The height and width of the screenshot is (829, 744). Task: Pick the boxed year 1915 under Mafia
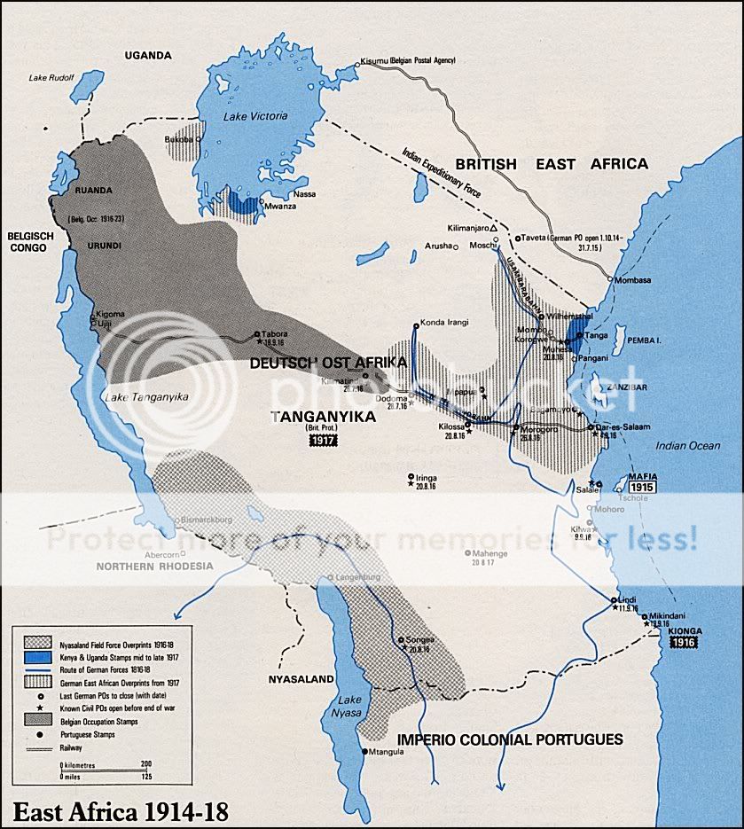[x=642, y=487]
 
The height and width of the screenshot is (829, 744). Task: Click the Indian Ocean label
[x=688, y=446]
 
